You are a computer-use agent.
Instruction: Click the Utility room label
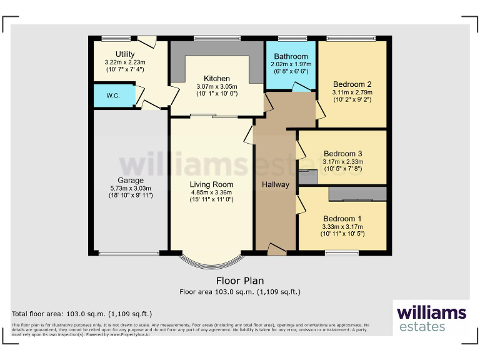[x=125, y=54]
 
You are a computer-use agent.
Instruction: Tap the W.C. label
[x=112, y=96]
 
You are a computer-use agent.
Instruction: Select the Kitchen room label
[x=213, y=79]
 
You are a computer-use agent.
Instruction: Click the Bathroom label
[x=291, y=56]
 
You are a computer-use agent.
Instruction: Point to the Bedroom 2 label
[x=352, y=84]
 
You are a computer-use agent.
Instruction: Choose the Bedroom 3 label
[x=342, y=153]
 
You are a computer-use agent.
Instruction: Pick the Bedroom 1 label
[x=342, y=218]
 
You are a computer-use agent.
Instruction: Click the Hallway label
[x=276, y=184]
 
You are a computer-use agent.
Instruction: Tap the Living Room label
[x=212, y=184]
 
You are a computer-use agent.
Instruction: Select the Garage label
[x=130, y=181]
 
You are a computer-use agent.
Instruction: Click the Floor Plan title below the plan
[x=240, y=281]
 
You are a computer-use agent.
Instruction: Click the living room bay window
[x=209, y=262]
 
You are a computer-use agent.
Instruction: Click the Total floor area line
[x=82, y=314]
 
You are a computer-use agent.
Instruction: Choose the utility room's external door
[x=147, y=41]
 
